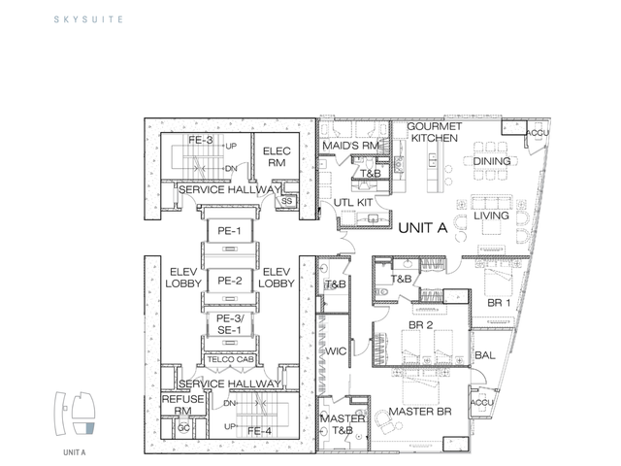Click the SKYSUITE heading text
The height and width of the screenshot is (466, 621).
click(88, 19)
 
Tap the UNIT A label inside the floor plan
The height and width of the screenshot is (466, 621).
click(423, 228)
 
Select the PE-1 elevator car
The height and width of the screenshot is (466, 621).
click(230, 231)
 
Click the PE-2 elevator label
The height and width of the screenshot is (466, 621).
click(230, 281)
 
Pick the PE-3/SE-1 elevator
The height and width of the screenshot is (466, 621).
click(230, 324)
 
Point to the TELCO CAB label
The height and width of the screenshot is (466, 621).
click(230, 359)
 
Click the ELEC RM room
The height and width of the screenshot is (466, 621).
click(277, 156)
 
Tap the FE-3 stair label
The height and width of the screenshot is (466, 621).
click(201, 140)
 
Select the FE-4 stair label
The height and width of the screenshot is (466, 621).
click(259, 431)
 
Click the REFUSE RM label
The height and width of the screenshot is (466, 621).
click(183, 405)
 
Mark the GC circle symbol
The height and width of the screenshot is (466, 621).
click(183, 428)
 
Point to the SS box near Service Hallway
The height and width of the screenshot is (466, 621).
click(286, 201)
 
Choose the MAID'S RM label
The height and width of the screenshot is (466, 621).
click(350, 146)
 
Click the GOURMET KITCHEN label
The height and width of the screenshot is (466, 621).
click(435, 132)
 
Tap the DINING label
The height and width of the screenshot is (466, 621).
click(492, 161)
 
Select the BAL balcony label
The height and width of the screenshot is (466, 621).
click(485, 355)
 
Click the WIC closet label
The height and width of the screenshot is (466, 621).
click(336, 351)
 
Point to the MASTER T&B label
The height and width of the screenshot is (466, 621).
click(343, 424)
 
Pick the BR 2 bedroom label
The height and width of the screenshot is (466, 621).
click(420, 325)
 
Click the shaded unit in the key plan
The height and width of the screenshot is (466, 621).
click(90, 428)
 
